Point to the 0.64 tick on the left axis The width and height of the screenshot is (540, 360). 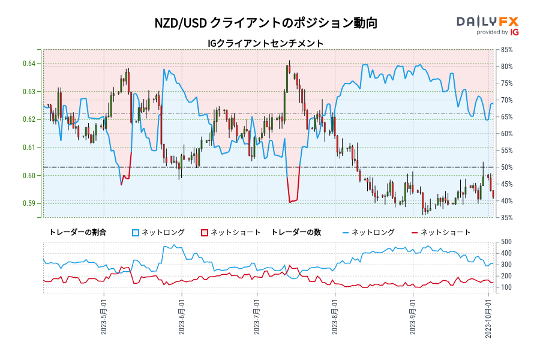pos(29,64)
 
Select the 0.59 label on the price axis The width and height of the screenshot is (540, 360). pos(29,203)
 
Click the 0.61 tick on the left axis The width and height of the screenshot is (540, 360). pos(29,148)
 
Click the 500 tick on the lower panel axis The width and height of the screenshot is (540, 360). pos(505,242)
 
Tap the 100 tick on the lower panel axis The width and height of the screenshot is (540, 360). pos(505,287)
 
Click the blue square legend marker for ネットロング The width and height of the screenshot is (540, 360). pos(136,232)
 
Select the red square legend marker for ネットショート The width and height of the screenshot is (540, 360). pos(204,232)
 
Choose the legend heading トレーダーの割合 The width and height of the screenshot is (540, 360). pos(77,232)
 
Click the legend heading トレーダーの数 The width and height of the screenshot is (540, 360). pos(300,232)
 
